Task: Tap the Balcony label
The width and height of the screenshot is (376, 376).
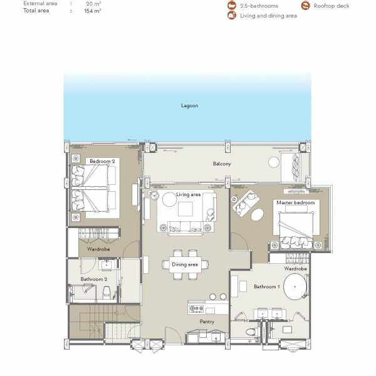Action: (x=222, y=164)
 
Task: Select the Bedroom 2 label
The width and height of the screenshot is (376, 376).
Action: (x=102, y=161)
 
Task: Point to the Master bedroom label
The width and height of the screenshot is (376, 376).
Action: (x=295, y=202)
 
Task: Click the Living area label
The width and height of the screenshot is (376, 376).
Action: (x=188, y=194)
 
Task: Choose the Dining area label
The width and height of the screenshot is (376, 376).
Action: (x=185, y=264)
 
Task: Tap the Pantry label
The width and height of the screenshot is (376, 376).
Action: (x=207, y=322)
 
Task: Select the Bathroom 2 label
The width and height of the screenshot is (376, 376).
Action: (x=94, y=279)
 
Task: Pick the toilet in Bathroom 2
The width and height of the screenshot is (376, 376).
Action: (x=107, y=291)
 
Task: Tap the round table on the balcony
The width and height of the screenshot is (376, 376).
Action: (x=274, y=162)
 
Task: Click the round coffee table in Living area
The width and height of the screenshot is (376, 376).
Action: (x=169, y=201)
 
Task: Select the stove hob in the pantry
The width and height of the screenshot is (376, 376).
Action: (x=195, y=308)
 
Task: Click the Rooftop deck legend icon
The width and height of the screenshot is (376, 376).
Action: (x=306, y=6)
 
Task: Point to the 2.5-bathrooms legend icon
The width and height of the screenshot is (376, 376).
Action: (x=231, y=6)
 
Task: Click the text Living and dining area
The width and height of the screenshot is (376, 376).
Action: (x=269, y=16)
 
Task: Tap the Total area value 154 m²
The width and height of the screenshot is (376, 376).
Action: (x=93, y=11)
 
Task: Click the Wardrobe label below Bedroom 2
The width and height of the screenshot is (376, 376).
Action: (x=99, y=249)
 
